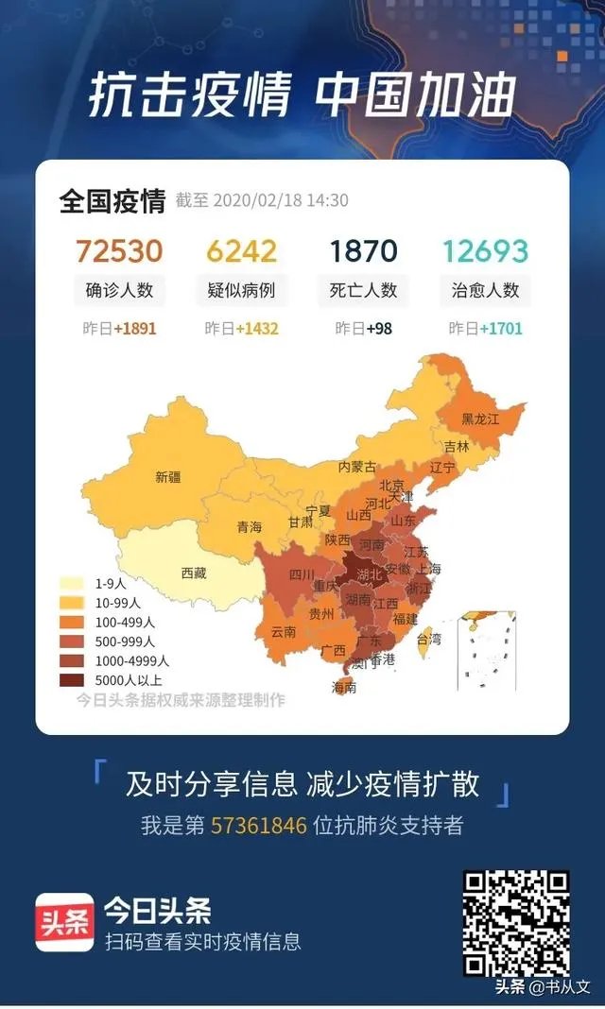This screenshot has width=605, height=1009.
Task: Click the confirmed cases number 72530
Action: point(119,251)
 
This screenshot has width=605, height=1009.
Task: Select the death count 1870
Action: point(364,251)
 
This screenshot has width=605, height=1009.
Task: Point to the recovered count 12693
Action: point(484,251)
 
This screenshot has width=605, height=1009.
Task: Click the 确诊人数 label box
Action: point(119,290)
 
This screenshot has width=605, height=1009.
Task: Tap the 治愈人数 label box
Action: point(484,290)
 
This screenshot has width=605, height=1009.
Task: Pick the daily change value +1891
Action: point(135,329)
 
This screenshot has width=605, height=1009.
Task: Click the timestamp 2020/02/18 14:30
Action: point(281,200)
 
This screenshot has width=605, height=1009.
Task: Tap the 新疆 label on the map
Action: point(167,478)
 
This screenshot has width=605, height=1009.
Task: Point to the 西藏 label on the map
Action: point(194,573)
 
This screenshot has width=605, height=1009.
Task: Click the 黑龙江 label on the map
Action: point(480,419)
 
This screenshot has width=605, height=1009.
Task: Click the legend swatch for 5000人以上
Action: point(71,679)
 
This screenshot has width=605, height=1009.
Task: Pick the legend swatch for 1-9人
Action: point(71,583)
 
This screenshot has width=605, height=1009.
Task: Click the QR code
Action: point(515,922)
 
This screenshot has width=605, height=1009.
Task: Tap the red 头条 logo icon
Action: point(64,922)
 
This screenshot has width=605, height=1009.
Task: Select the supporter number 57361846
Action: point(258,825)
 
